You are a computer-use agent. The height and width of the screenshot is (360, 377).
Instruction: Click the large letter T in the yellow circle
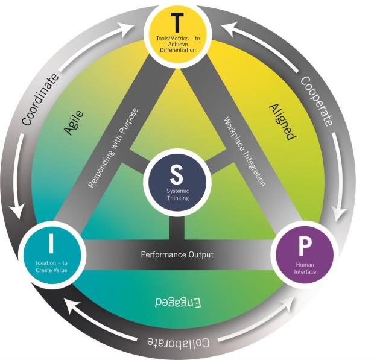pyautogui.click(x=177, y=23)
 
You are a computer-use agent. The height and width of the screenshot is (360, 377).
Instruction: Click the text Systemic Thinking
pyautogui.click(x=177, y=194)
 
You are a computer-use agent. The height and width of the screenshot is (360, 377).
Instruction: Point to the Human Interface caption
pyautogui.click(x=306, y=268)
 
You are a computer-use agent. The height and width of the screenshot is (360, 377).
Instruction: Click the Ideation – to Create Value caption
pyautogui.click(x=51, y=266)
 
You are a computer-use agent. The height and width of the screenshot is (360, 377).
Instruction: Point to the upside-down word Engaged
pyautogui.click(x=176, y=301)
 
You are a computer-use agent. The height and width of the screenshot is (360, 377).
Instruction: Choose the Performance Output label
pyautogui.click(x=177, y=254)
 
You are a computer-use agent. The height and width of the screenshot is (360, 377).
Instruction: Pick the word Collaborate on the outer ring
pyautogui.click(x=179, y=343)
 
